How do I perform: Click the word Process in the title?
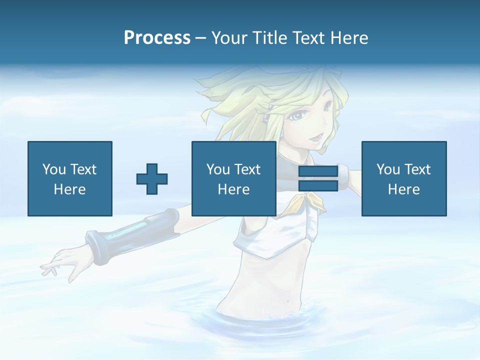(x=157, y=38)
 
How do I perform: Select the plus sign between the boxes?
(x=152, y=179)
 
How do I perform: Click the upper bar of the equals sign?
(x=318, y=171)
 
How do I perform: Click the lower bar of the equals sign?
(x=318, y=185)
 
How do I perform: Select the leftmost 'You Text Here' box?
(x=69, y=178)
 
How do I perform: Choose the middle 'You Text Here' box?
(x=233, y=178)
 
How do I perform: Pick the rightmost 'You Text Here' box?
(x=403, y=178)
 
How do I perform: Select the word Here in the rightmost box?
(x=403, y=189)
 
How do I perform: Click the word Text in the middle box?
(x=247, y=169)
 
